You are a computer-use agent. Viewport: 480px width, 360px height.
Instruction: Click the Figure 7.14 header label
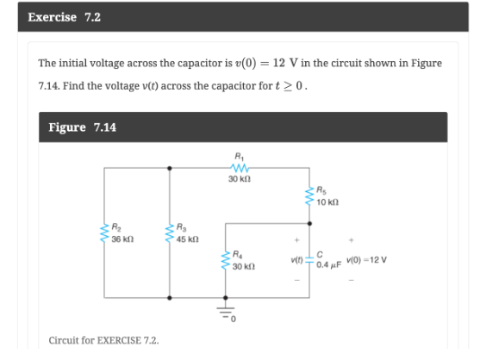83,127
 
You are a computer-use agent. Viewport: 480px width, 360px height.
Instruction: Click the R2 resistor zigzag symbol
103,233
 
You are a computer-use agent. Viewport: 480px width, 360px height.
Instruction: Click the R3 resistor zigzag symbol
169,233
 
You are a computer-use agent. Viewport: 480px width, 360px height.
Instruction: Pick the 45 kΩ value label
187,239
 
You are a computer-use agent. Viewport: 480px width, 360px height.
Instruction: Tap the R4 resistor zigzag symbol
226,260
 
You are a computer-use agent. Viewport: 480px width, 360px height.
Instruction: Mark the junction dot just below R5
309,222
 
